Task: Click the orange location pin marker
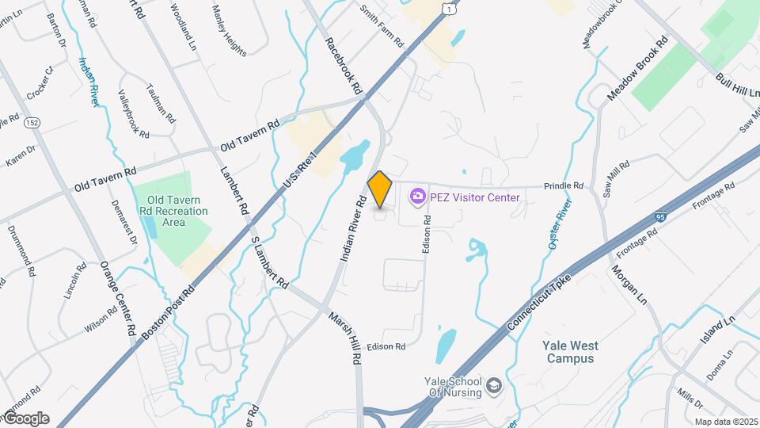tap(380, 189)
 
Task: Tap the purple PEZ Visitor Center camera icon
tap(417, 197)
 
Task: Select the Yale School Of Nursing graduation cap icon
tap(495, 386)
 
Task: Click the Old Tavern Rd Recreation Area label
tap(170, 212)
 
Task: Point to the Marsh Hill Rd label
tap(345, 338)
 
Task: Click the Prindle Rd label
tap(563, 186)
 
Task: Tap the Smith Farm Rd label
tap(382, 25)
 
